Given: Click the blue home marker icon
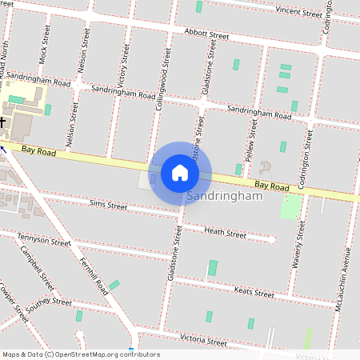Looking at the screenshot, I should point(180,172).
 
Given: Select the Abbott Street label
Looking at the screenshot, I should point(206,35).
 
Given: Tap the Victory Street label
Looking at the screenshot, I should point(122,66).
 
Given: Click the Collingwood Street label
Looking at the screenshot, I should point(162,78).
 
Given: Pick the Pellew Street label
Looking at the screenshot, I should point(252,137).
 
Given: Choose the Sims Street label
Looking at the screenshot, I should point(108,206).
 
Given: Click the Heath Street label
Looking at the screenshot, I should point(225,233).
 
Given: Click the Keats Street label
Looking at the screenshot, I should point(254,293).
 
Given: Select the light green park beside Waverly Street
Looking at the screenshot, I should point(291,207).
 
